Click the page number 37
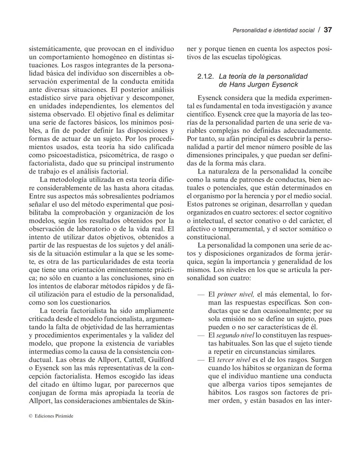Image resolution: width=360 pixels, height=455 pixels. tap(328, 30)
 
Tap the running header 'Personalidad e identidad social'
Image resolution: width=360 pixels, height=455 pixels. tap(273, 30)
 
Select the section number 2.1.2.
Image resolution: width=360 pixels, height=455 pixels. tap(205, 76)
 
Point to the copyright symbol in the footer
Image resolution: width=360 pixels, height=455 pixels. tap(30, 416)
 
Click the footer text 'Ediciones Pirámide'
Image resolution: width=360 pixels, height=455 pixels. tap(54, 416)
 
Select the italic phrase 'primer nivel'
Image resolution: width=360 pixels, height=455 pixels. tap(236, 295)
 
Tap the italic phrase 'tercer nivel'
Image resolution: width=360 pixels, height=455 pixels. tap(233, 360)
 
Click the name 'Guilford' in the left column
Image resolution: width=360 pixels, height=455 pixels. tap(161, 360)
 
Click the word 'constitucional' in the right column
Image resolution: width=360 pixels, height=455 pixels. tap(208, 237)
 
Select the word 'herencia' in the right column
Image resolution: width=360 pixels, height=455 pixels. tap(253, 196)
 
